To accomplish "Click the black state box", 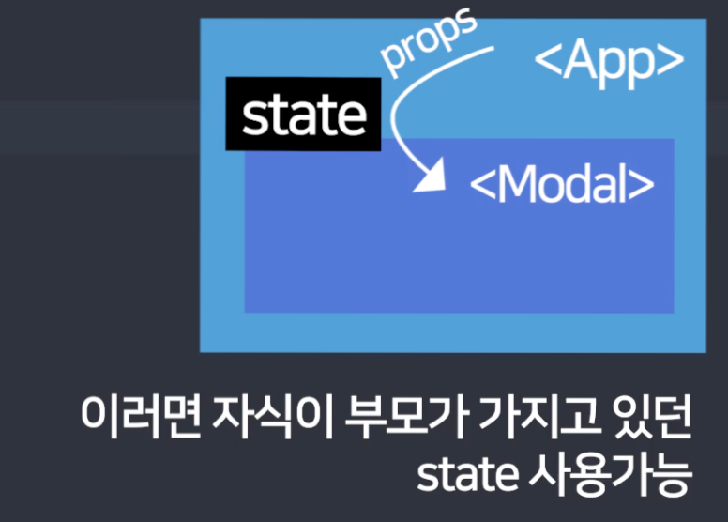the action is [x=304, y=115].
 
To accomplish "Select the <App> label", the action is [x=609, y=61].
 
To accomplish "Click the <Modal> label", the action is [x=561, y=185].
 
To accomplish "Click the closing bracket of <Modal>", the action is [x=642, y=186].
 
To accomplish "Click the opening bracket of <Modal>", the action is [x=481, y=186].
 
